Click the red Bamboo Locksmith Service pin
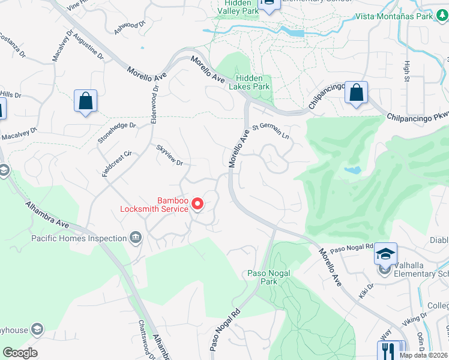pyautogui.click(x=197, y=206)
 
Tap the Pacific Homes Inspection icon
pyautogui.click(x=136, y=238)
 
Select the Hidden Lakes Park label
pyautogui.click(x=253, y=82)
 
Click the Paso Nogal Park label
pyautogui.click(x=269, y=277)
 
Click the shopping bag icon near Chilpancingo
pyautogui.click(x=357, y=94)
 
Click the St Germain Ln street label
pyautogui.click(x=271, y=131)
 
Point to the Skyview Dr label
pyautogui.click(x=169, y=155)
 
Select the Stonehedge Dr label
pyautogui.click(x=116, y=133)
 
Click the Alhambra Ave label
pyautogui.click(x=46, y=214)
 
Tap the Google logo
pyautogui.click(x=20, y=353)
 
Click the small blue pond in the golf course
pyautogui.click(x=353, y=170)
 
